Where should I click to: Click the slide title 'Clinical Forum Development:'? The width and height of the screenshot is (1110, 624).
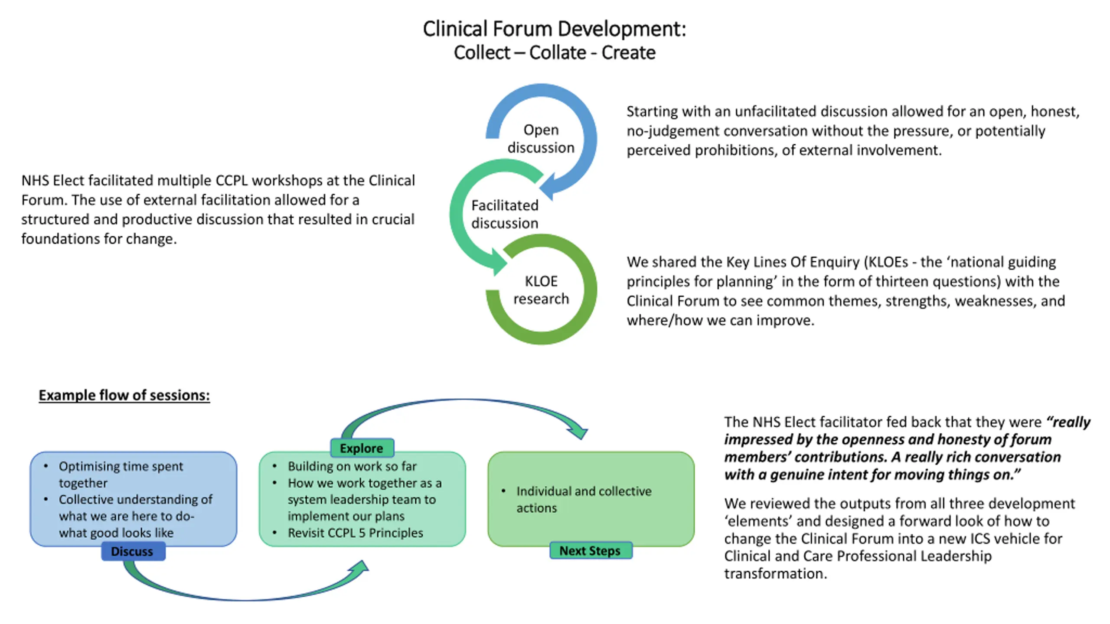click(x=555, y=29)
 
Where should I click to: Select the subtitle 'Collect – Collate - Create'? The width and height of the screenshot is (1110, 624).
click(x=555, y=53)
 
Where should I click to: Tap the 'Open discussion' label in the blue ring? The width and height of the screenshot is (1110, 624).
click(x=541, y=139)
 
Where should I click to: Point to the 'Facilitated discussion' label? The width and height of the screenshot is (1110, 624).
click(x=505, y=214)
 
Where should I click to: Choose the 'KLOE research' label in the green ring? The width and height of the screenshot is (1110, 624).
click(x=541, y=290)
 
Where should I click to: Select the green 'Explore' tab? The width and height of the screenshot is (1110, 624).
click(x=362, y=448)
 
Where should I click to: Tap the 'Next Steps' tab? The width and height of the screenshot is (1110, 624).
click(x=591, y=550)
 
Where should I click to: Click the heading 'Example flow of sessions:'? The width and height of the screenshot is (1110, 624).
click(x=124, y=395)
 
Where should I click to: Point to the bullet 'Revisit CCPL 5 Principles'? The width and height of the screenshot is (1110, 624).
click(x=355, y=533)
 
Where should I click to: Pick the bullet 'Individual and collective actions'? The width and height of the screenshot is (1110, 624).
click(x=584, y=499)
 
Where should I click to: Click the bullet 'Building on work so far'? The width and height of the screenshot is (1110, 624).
click(x=352, y=466)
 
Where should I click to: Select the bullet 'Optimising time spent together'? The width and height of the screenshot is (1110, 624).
click(x=121, y=474)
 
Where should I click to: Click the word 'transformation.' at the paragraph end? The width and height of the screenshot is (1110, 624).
click(x=776, y=573)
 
